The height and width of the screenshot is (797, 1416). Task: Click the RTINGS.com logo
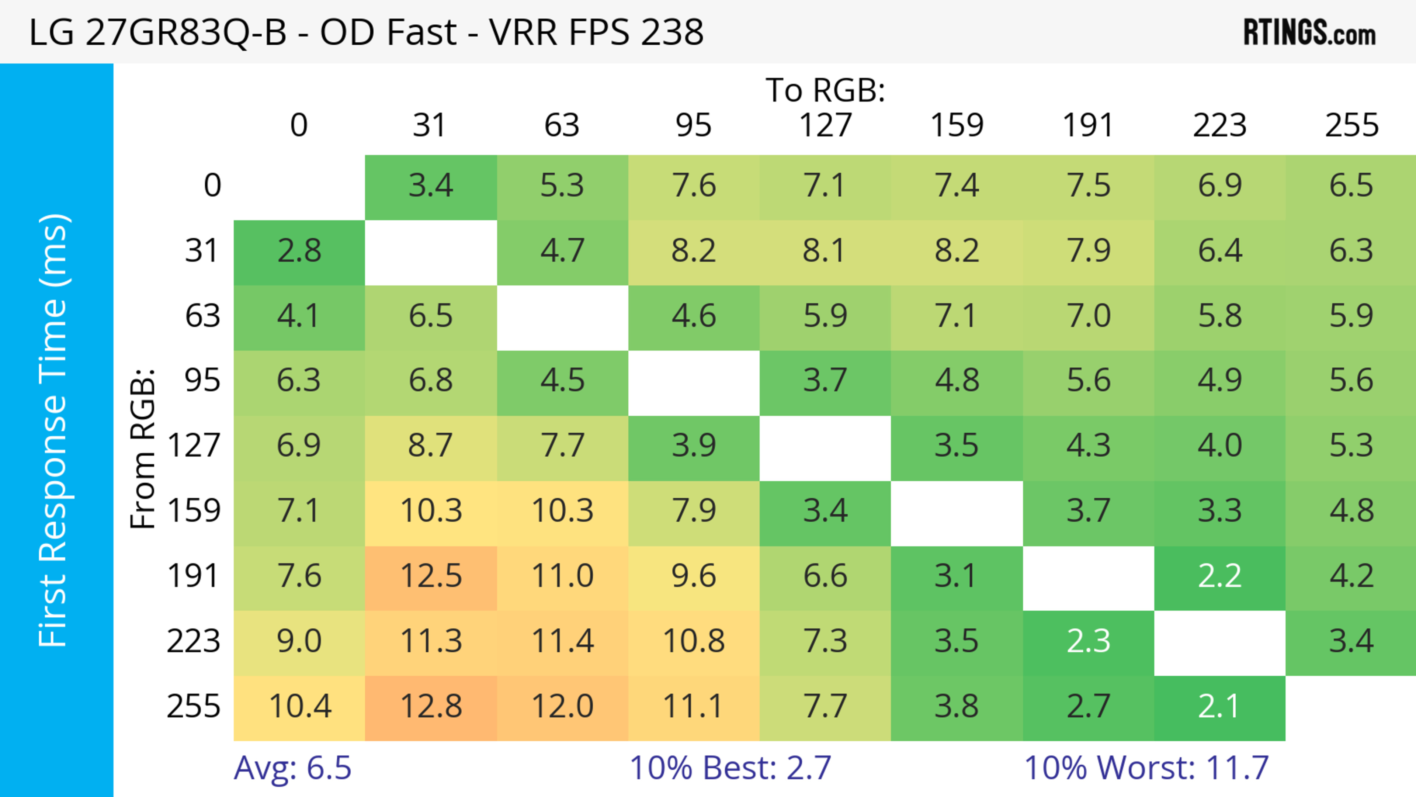pos(1309,32)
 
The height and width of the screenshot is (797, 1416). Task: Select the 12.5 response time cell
pos(431,576)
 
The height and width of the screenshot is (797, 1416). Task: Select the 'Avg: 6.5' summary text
pos(292,768)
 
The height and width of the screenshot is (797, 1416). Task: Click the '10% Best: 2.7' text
pos(730,768)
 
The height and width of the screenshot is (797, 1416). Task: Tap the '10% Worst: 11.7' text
pos(1146,768)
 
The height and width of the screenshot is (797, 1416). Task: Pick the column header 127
pos(825,125)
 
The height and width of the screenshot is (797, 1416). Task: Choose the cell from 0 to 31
pos(431,186)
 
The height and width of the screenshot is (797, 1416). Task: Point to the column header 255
pos(1351,125)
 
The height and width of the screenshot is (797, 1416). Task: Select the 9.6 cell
pos(694,576)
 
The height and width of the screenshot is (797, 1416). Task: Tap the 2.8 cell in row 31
pos(299,251)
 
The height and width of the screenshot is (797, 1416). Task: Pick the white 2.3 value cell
pos(1089,641)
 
